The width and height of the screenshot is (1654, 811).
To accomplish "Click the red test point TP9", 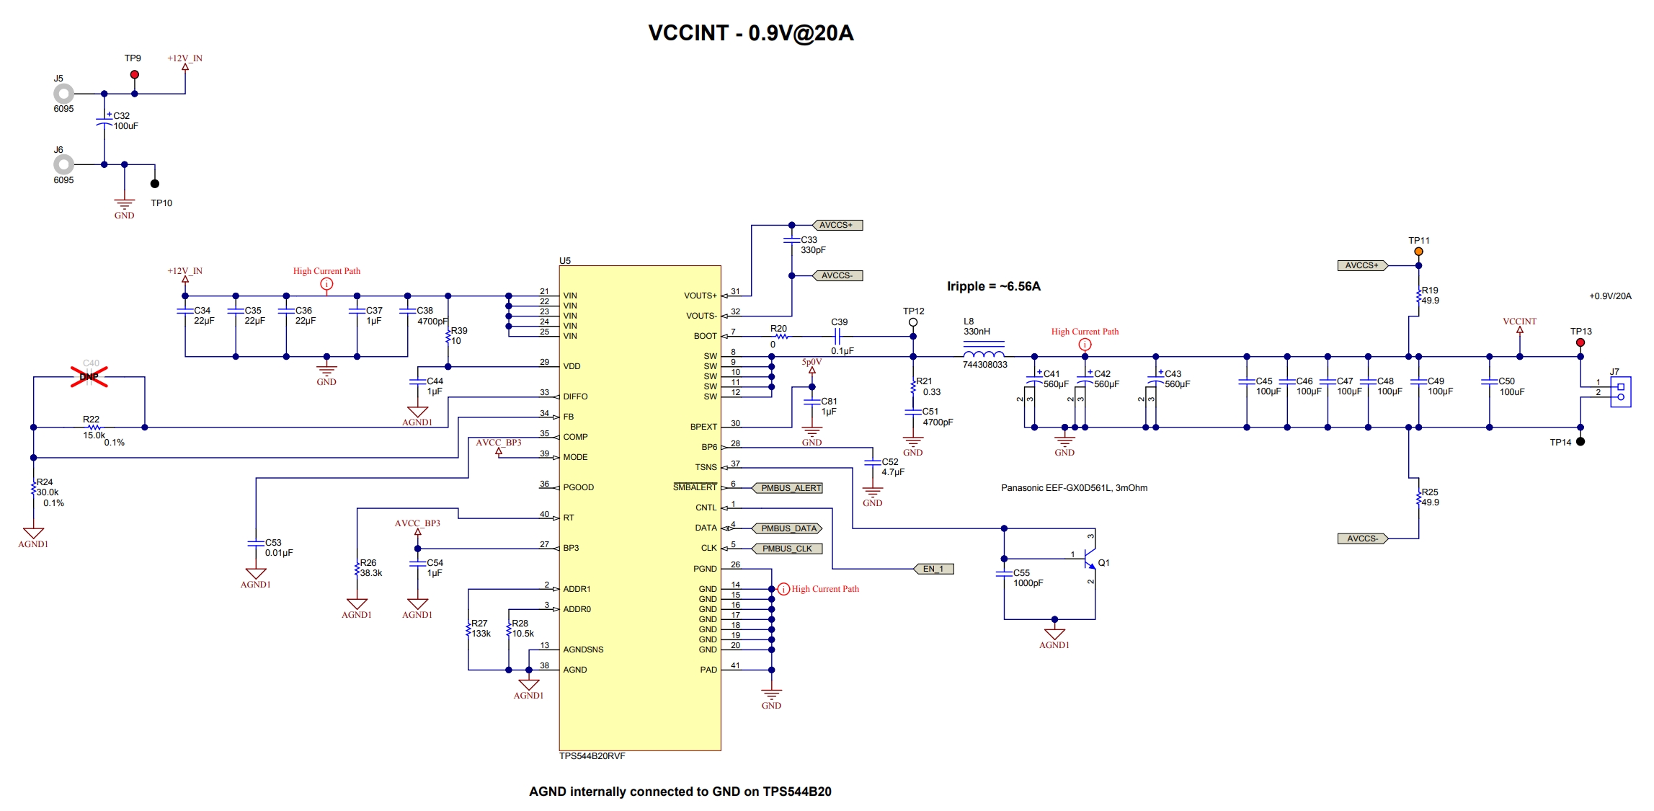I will [135, 75].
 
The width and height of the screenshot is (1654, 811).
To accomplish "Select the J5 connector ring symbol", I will [63, 94].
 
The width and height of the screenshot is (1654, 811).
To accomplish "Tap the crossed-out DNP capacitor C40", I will [89, 376].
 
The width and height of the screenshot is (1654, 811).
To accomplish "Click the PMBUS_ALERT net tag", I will [790, 488].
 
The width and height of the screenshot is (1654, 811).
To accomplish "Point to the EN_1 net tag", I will [933, 569].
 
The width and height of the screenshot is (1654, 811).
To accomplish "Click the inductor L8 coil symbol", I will [984, 354].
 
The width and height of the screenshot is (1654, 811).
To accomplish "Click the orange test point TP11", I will [1418, 252].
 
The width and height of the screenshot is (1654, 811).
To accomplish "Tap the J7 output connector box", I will [1621, 391].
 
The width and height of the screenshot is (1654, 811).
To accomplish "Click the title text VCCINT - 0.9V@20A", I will [750, 33].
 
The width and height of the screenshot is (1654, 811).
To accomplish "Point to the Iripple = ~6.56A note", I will [993, 286].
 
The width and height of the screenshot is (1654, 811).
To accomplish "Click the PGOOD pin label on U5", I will [578, 487].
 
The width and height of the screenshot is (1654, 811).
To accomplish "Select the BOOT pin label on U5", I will [705, 336].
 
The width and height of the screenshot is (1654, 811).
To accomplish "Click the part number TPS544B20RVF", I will [592, 756].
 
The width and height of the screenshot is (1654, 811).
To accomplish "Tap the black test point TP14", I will [1580, 442].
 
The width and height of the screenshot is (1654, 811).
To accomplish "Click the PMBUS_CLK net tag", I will [786, 549].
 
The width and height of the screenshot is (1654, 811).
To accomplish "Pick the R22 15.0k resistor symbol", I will [93, 427].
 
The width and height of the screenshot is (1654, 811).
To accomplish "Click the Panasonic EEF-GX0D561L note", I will [1074, 488].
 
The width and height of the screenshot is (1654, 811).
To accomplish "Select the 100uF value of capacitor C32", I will [126, 126].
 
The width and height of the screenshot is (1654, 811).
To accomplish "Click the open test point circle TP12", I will [913, 322].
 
